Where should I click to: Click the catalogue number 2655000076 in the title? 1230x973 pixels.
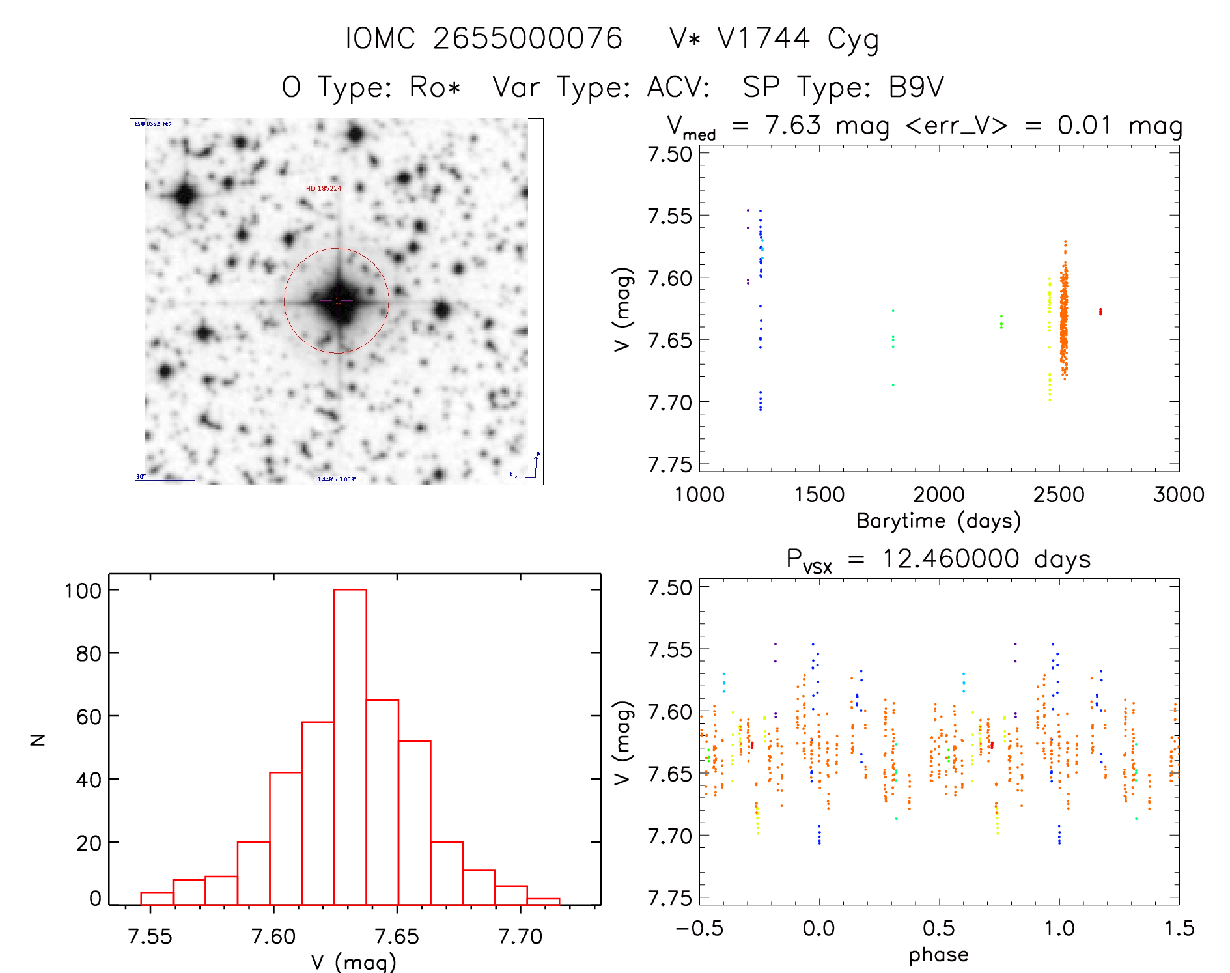coord(527,38)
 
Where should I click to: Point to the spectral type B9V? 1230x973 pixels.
coord(916,87)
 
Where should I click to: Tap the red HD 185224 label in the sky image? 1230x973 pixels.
coord(324,188)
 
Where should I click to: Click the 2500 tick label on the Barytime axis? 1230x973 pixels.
coord(1059,495)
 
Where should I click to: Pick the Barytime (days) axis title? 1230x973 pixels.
coord(938,521)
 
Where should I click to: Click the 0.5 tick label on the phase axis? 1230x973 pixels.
coord(939,929)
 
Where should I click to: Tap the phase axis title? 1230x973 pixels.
coord(938,955)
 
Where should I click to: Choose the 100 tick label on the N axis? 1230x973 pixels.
coord(83,591)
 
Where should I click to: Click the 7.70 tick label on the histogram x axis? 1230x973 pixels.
coord(520,937)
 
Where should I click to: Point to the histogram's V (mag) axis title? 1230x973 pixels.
coord(354,961)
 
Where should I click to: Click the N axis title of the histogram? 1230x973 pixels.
coord(38,739)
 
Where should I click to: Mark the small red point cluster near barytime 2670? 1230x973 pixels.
coord(1100,311)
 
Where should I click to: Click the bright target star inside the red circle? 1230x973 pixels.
coord(337,301)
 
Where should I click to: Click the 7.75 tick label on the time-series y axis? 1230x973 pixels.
coord(669,464)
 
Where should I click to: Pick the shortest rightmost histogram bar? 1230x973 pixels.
coord(543,901)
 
